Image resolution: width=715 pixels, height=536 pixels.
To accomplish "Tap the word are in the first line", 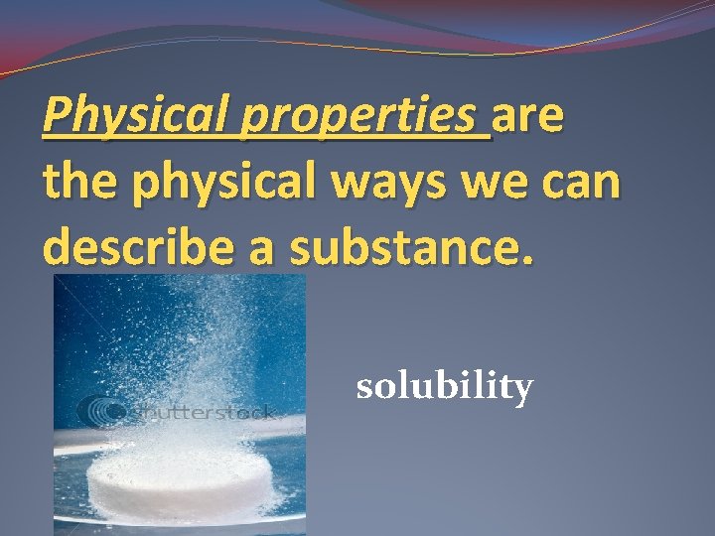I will tap(529, 117).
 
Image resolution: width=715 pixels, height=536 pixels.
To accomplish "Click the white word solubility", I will tap(444, 386).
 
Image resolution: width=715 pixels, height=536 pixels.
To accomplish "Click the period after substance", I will tap(526, 260).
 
